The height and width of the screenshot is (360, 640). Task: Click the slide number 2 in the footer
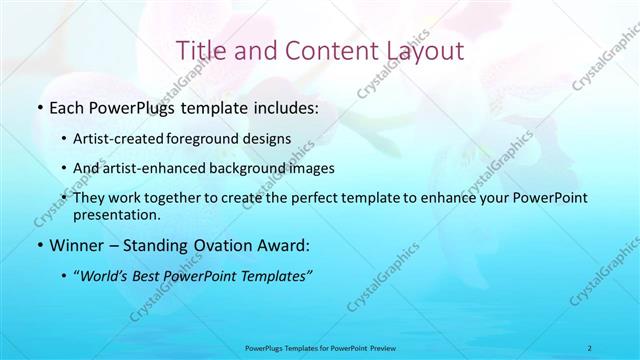[x=590, y=347]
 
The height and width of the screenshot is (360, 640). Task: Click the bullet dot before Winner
[x=39, y=245]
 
